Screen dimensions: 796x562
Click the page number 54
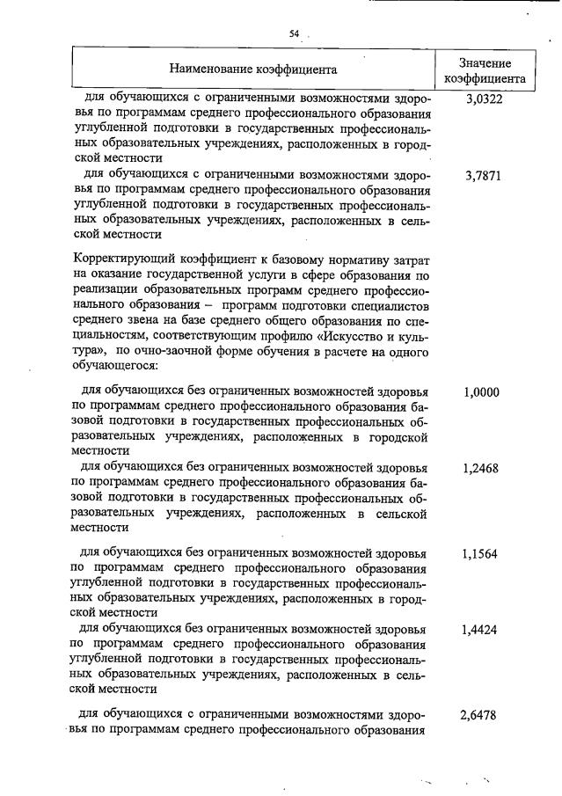(x=295, y=34)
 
